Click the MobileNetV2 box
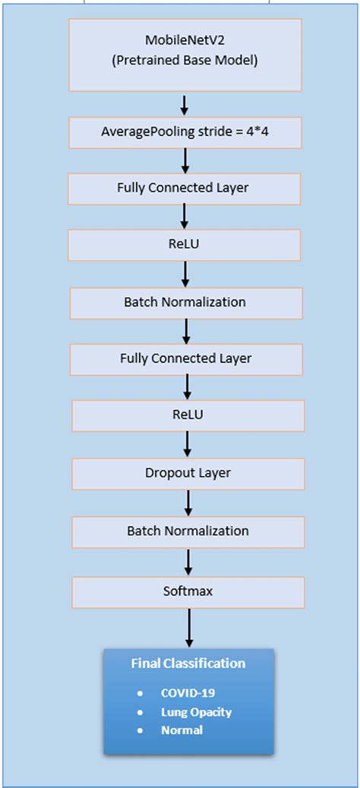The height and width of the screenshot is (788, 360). point(184,54)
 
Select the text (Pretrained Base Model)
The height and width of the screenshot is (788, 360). point(184,61)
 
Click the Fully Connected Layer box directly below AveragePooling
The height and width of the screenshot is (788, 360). point(184,188)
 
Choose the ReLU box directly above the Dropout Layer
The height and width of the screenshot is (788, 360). point(188,415)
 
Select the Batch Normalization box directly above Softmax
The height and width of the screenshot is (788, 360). point(188,530)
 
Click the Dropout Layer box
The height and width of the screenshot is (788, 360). point(188,473)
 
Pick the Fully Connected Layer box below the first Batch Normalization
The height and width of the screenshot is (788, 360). point(186,358)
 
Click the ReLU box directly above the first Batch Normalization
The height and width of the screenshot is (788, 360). point(184,245)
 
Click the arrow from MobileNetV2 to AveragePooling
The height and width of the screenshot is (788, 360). point(184,104)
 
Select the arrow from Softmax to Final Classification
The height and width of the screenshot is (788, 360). point(188,627)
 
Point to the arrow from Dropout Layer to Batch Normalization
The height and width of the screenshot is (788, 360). point(188,502)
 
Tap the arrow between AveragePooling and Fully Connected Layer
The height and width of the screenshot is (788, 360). point(184,159)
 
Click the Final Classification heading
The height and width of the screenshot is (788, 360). point(188,663)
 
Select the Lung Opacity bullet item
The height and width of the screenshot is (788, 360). point(196,712)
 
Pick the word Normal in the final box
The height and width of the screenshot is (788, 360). point(182,730)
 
